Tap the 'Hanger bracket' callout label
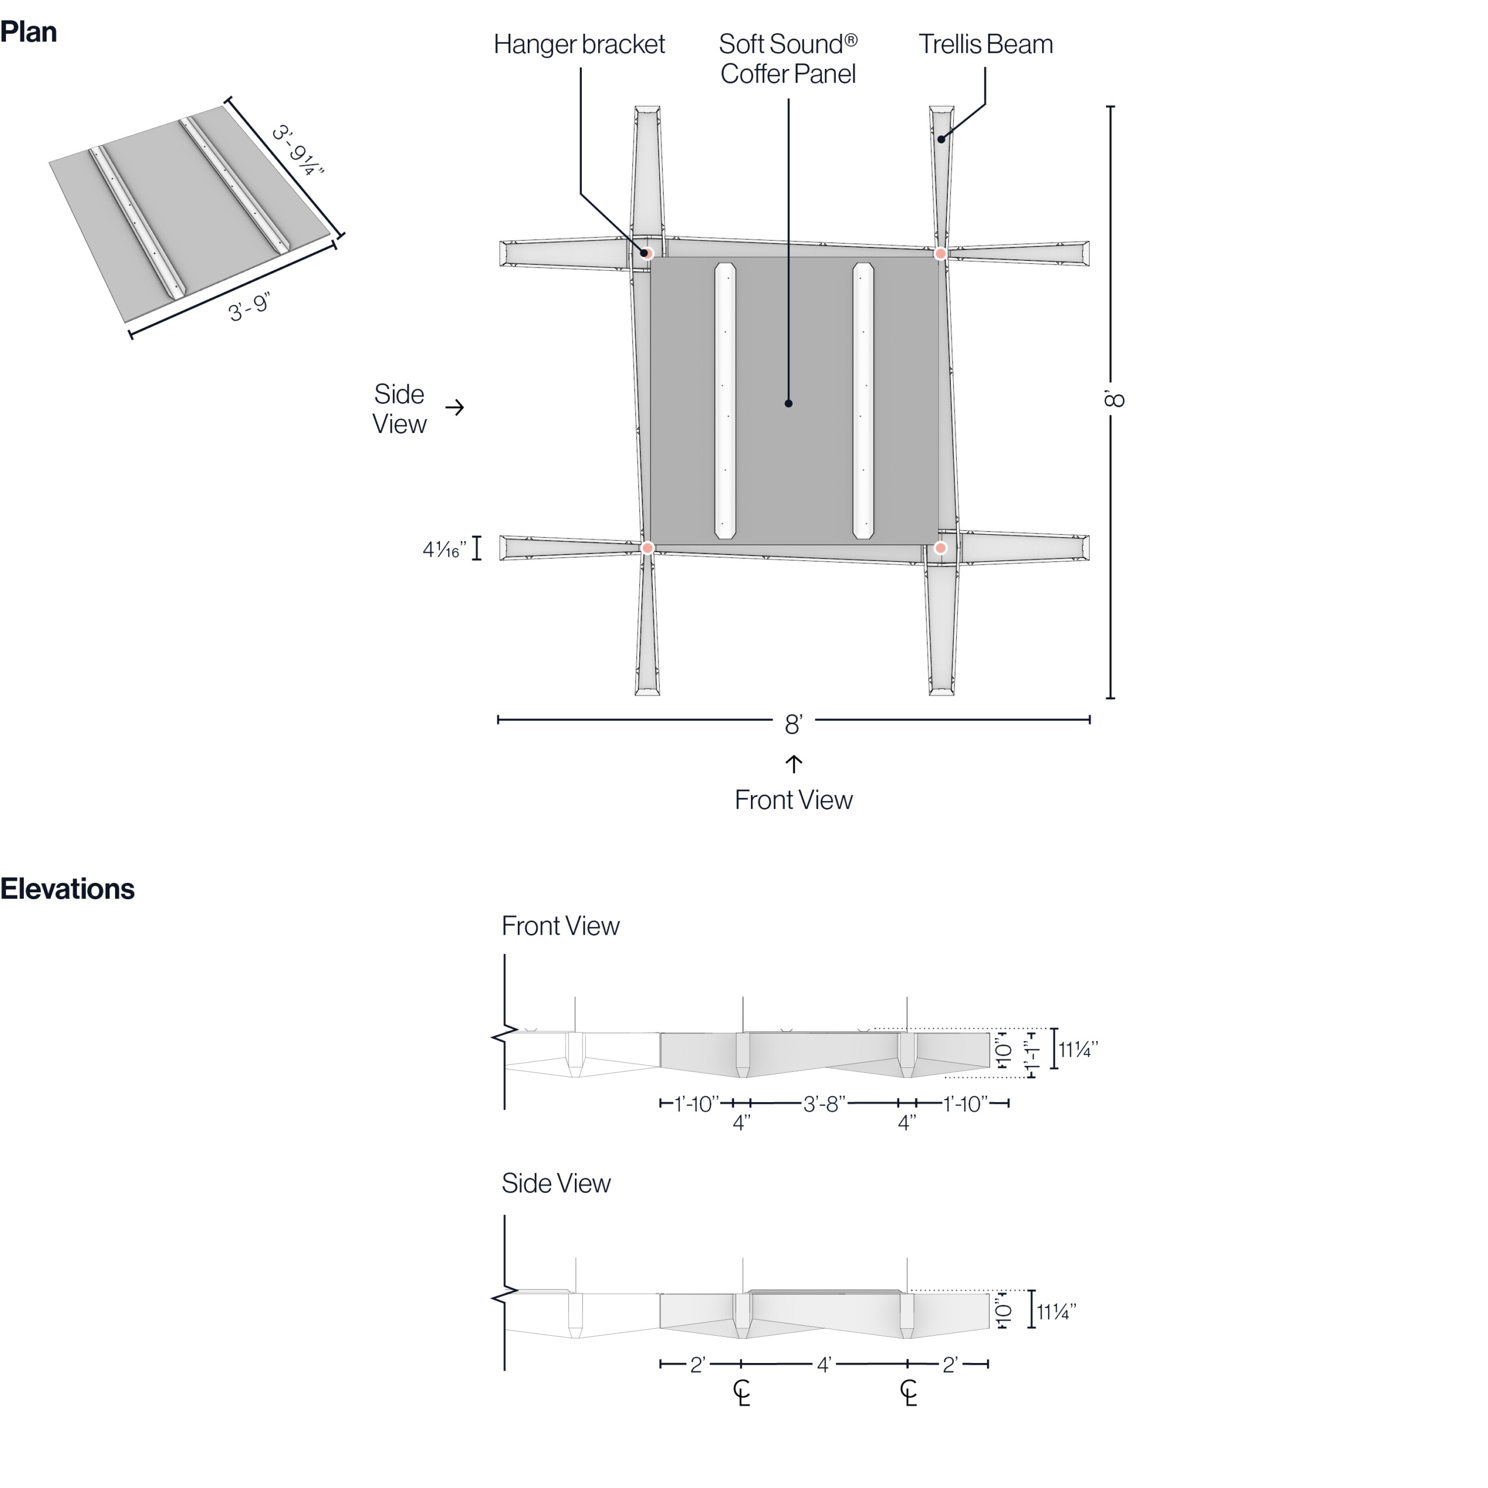(x=579, y=45)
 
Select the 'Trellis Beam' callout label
(x=986, y=45)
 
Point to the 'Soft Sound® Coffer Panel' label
(x=788, y=59)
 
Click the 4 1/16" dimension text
(x=445, y=550)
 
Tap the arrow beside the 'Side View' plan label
(x=455, y=407)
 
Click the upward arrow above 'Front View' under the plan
(x=794, y=764)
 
